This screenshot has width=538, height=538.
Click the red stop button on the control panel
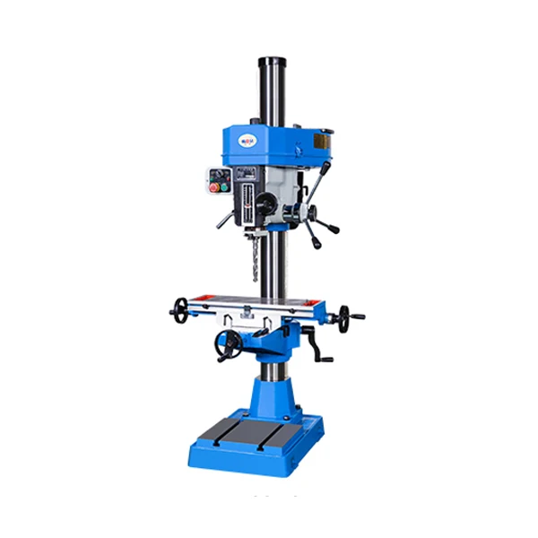click(x=213, y=187)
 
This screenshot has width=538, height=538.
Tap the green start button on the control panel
click(x=225, y=187)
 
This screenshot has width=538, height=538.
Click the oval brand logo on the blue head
click(x=247, y=140)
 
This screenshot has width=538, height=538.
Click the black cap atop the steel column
click(x=272, y=62)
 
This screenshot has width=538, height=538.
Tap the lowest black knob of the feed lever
click(x=316, y=243)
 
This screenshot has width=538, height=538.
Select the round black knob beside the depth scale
click(x=265, y=205)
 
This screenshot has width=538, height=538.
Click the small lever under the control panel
click(x=223, y=218)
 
